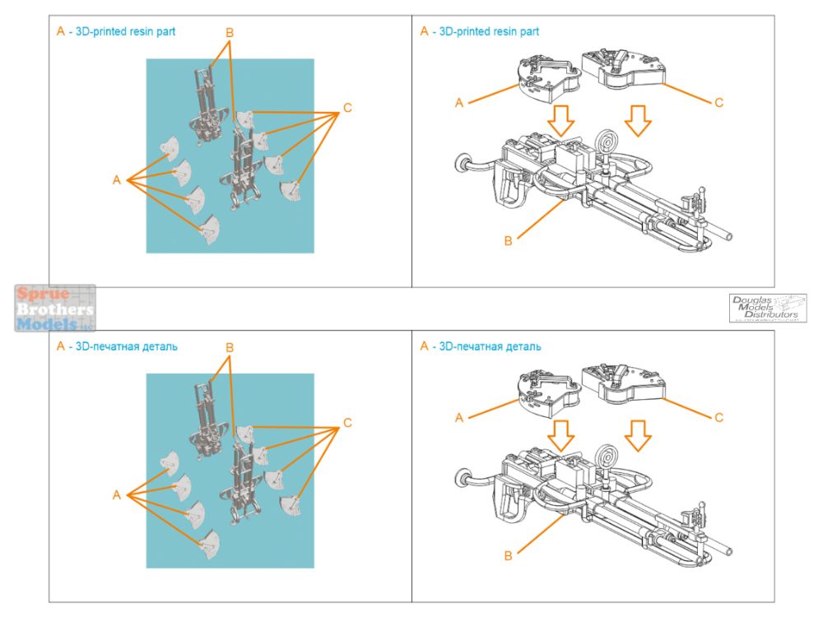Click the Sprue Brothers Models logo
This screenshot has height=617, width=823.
(55, 308)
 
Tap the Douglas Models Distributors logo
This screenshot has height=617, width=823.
(767, 308)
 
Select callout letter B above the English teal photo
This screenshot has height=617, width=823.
(230, 33)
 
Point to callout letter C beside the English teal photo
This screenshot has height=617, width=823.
(347, 108)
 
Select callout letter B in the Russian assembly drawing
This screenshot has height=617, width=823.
(508, 556)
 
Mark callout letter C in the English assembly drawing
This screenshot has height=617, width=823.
(718, 103)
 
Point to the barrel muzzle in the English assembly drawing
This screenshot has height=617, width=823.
(729, 234)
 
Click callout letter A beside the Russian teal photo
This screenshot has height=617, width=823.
(117, 494)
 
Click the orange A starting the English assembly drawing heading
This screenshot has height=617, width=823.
(425, 31)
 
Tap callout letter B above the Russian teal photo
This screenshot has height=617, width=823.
(230, 348)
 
